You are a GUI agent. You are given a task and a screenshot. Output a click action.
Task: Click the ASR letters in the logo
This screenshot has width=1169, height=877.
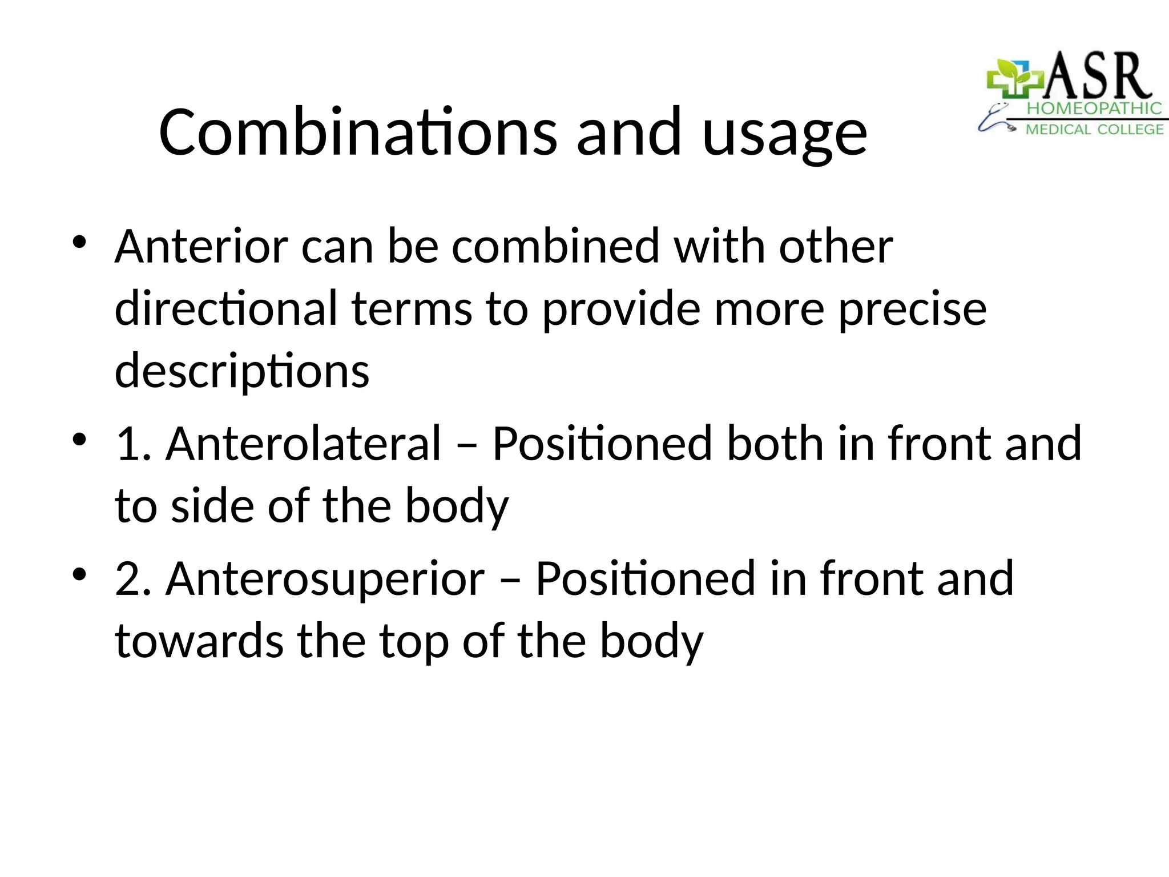pyautogui.click(x=1096, y=77)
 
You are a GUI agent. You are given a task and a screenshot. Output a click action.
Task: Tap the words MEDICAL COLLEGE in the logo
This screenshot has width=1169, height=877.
pyautogui.click(x=1094, y=130)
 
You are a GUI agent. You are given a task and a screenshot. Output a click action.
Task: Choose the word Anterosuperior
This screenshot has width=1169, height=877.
pyautogui.click(x=325, y=579)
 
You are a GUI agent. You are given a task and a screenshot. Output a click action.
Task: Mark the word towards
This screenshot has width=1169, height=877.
pyautogui.click(x=199, y=641)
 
